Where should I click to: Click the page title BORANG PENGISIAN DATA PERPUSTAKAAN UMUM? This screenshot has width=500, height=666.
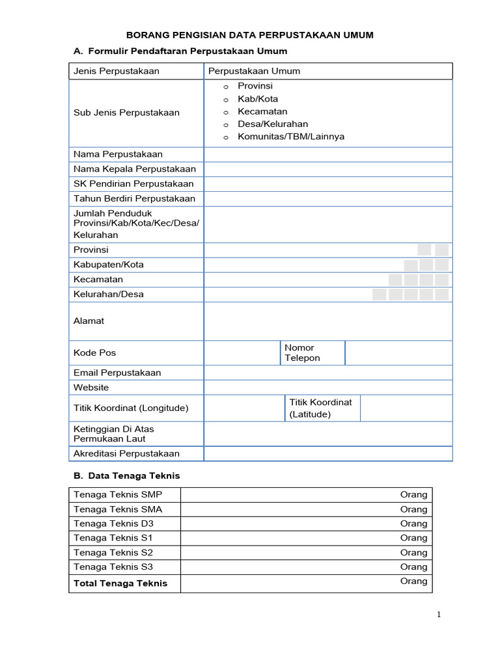point(249,35)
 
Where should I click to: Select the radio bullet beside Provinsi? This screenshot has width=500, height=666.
point(225,87)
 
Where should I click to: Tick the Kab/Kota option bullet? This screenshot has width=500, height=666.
point(225,100)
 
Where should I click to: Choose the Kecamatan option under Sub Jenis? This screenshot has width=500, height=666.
point(225,113)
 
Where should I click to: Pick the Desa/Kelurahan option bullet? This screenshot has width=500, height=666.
point(225,125)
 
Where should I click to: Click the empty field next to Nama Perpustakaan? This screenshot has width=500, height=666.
point(327,154)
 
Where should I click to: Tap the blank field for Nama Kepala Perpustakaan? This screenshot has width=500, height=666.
point(327,169)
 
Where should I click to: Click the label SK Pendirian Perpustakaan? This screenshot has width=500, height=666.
point(133,184)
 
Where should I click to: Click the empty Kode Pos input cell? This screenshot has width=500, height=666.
point(242,353)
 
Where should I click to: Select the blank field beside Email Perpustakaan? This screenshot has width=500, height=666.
point(327,373)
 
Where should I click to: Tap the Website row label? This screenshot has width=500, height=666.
point(91,388)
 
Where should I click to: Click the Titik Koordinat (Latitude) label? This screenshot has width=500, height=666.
point(320,408)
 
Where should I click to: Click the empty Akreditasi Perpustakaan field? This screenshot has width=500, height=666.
point(327,454)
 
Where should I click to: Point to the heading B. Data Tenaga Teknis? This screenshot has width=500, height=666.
point(127,476)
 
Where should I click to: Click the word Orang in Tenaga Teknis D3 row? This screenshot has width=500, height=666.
point(413,524)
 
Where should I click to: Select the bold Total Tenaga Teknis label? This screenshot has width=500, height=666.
point(120,583)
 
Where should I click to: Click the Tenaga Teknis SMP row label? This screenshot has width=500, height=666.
point(118,494)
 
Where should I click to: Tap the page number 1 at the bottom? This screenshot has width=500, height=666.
point(439,615)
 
